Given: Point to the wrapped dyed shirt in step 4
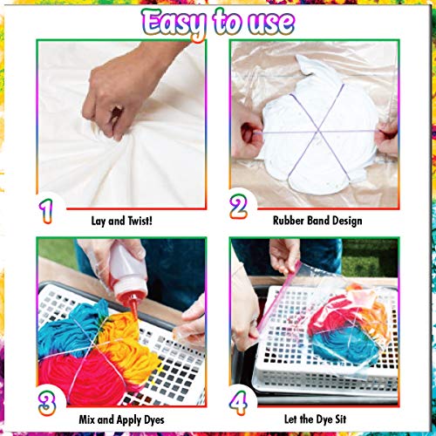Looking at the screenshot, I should pyautogui.click(x=336, y=331).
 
